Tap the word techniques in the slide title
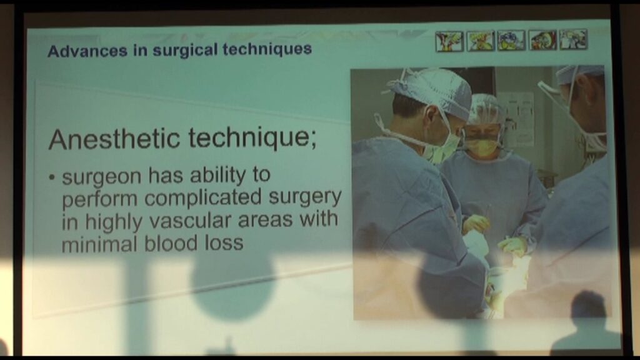click(x=267, y=49)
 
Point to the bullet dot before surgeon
click(x=51, y=177)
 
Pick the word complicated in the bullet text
click(x=203, y=198)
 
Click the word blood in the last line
click(x=170, y=243)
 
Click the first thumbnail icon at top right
click(x=449, y=41)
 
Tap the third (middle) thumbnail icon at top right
click(x=511, y=41)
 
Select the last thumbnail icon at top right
click(x=574, y=39)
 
